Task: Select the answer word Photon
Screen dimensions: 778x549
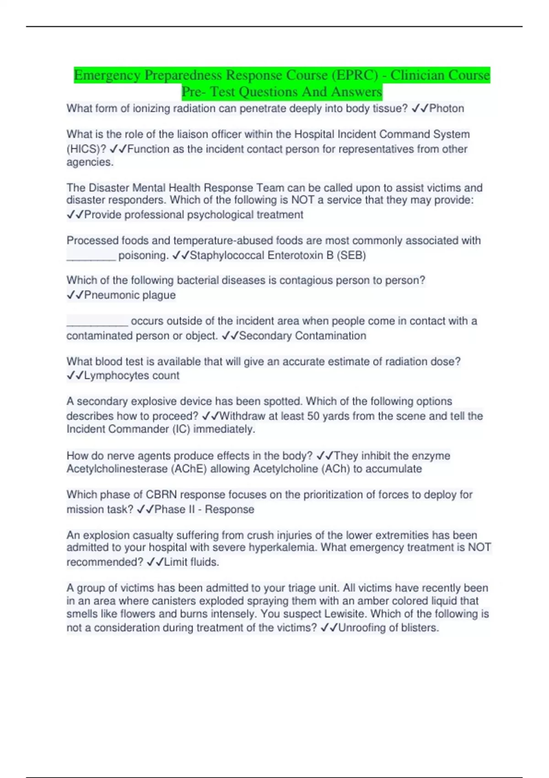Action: pos(447,108)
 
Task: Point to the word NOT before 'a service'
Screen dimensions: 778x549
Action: pos(303,200)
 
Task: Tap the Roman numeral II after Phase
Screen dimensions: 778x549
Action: pos(192,510)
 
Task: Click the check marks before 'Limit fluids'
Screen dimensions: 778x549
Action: pos(155,562)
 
